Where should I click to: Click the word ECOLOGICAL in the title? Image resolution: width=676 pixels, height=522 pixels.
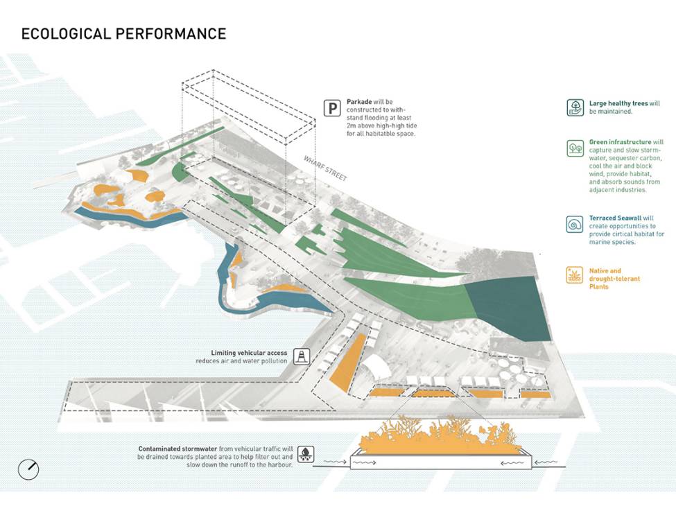pos(64,33)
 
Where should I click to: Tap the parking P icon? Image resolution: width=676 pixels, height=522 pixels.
pos(333,109)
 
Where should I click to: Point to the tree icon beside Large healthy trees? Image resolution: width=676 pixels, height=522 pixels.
pos(575,107)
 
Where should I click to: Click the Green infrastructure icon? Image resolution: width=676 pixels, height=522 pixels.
pos(575,148)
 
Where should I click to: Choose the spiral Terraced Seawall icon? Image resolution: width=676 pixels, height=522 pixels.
pos(575,224)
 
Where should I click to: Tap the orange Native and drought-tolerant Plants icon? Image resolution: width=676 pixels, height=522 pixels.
pos(575,274)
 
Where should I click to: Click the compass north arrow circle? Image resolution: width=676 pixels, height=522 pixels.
pos(28,469)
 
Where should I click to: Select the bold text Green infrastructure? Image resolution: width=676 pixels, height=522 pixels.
pos(620,142)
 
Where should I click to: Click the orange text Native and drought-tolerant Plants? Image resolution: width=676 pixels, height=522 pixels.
pos(614,279)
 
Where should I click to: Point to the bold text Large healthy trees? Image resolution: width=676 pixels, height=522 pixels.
pos(618,103)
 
